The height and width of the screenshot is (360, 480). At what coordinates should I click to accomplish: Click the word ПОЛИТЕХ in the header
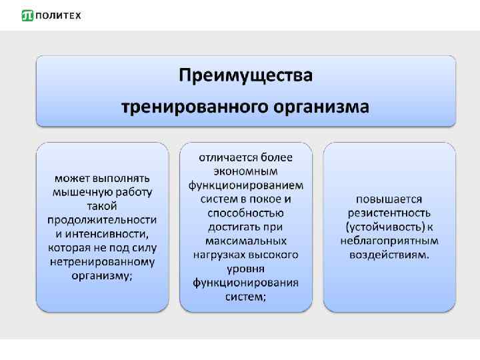tap(58, 15)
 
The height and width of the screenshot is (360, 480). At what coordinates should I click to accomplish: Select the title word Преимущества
tap(245, 75)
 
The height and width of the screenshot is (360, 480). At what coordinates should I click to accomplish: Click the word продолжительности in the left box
tap(102, 220)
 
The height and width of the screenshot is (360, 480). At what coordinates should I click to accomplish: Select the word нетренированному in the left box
tap(102, 262)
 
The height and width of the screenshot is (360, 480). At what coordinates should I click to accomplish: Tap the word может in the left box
tap(70, 179)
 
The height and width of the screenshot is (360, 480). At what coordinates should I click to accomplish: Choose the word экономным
tap(245, 171)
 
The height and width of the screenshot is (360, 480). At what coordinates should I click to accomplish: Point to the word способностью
tap(245, 213)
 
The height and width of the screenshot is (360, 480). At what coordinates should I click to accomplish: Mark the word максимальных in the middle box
tap(245, 241)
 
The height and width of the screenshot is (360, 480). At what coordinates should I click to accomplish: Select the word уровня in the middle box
tap(245, 269)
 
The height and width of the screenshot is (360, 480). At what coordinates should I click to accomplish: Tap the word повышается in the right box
tap(389, 199)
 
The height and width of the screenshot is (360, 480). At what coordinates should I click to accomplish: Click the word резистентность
tap(389, 213)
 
